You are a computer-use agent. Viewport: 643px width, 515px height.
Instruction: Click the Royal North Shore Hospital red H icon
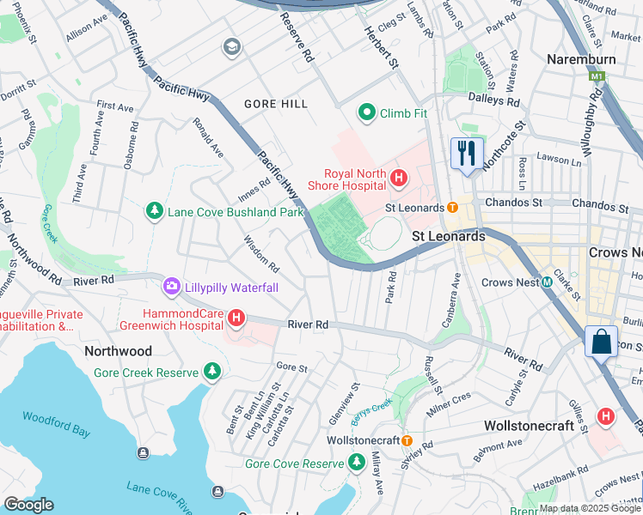(398, 179)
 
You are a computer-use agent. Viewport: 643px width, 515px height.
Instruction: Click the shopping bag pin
(601, 342)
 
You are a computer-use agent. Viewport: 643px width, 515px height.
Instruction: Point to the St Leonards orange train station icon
(452, 207)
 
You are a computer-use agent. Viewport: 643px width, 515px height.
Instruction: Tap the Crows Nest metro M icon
(546, 282)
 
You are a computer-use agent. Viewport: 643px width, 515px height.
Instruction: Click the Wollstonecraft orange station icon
(408, 440)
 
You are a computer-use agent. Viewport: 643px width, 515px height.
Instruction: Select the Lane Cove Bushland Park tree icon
(155, 211)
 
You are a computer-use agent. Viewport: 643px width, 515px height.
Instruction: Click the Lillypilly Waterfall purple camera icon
(171, 286)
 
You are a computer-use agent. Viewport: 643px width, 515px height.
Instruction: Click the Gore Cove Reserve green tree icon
(357, 463)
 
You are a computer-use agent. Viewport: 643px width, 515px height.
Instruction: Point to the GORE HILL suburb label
(275, 104)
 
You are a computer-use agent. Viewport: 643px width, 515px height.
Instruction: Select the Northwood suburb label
(118, 351)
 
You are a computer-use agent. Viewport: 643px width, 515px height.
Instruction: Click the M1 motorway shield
(597, 77)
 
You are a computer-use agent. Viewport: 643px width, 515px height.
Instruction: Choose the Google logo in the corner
(29, 505)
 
